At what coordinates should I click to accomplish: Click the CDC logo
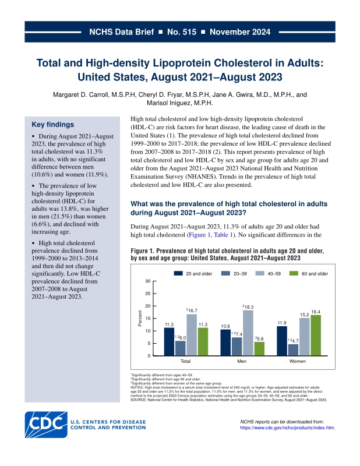pyautogui.click(x=46, y=425)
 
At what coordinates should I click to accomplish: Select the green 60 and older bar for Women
pyautogui.click(x=316, y=336)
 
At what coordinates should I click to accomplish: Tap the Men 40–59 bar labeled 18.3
pyautogui.click(x=248, y=333)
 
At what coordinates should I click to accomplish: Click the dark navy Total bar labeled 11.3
pyautogui.click(x=169, y=341)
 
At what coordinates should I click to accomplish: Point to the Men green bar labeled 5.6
pyautogui.click(x=259, y=348)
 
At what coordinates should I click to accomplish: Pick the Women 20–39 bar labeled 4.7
pyautogui.click(x=293, y=350)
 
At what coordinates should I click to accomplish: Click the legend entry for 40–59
pyautogui.click(x=268, y=273)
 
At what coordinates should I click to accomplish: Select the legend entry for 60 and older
pyautogui.click(x=309, y=273)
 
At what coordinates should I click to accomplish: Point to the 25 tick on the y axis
pyautogui.click(x=148, y=294)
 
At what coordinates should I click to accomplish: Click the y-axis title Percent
pyautogui.click(x=140, y=318)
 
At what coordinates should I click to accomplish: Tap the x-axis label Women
pyautogui.click(x=298, y=361)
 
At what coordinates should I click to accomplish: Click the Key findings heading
pyautogui.click(x=52, y=125)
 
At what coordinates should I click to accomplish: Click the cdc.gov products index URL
pyautogui.click(x=287, y=428)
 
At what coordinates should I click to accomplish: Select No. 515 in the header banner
pyautogui.click(x=182, y=32)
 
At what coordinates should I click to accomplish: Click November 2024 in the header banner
pyautogui.click(x=240, y=32)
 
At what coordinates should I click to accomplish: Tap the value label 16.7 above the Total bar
pyautogui.click(x=192, y=310)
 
